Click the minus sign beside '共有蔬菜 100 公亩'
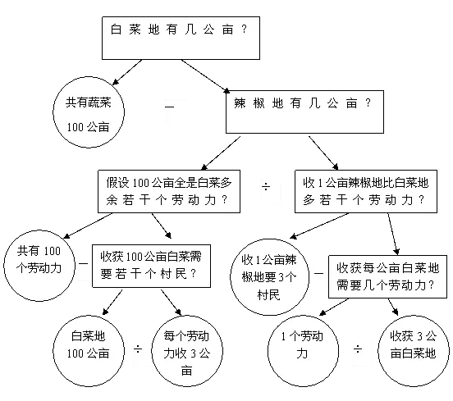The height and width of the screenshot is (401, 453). (x=170, y=107)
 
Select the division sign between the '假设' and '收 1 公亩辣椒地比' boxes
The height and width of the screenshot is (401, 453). (x=266, y=186)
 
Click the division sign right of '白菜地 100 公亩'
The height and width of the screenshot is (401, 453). (x=138, y=349)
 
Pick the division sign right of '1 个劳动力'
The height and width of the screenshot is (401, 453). (x=358, y=349)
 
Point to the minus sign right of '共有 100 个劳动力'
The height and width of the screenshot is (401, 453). (x=83, y=263)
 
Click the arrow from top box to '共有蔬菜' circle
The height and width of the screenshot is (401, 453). (x=127, y=72)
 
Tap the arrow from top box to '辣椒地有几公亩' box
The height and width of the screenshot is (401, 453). (x=205, y=76)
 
